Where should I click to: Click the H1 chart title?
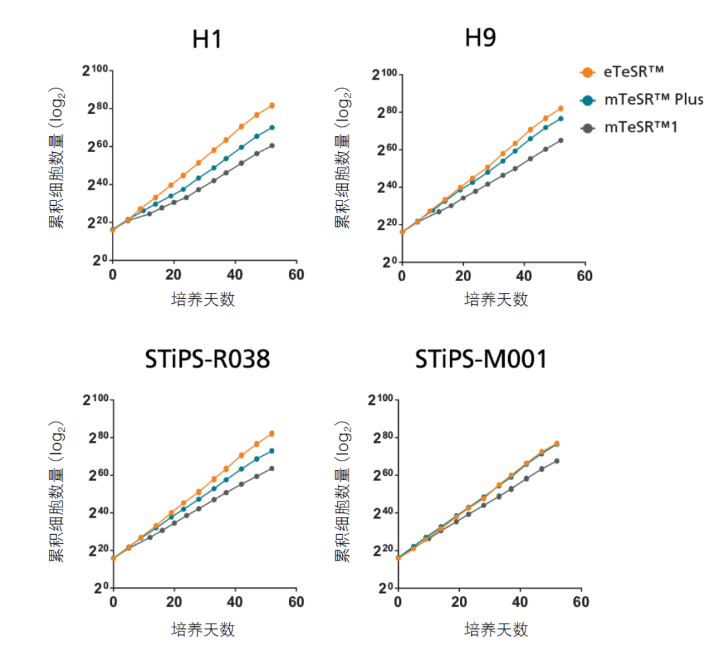pos(207,40)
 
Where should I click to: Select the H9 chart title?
pos(481,38)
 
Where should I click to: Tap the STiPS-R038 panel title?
pos(207,360)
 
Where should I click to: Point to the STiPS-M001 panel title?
pos(481,360)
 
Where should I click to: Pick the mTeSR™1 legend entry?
pos(640,127)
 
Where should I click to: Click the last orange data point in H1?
pos(272,105)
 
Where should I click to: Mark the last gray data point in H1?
pos(272,145)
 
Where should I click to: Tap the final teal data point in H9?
pos(560,119)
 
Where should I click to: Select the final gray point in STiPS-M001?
pos(556,461)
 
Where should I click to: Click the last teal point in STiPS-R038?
pos(272,451)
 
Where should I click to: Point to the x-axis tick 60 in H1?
pos(296,275)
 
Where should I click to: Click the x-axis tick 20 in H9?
pos(463,276)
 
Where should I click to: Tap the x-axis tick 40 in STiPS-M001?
pos(520,602)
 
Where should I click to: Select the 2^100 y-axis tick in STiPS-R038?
pos(96,400)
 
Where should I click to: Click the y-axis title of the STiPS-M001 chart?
pos(343,493)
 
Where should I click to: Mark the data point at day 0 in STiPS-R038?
pos(113,558)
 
